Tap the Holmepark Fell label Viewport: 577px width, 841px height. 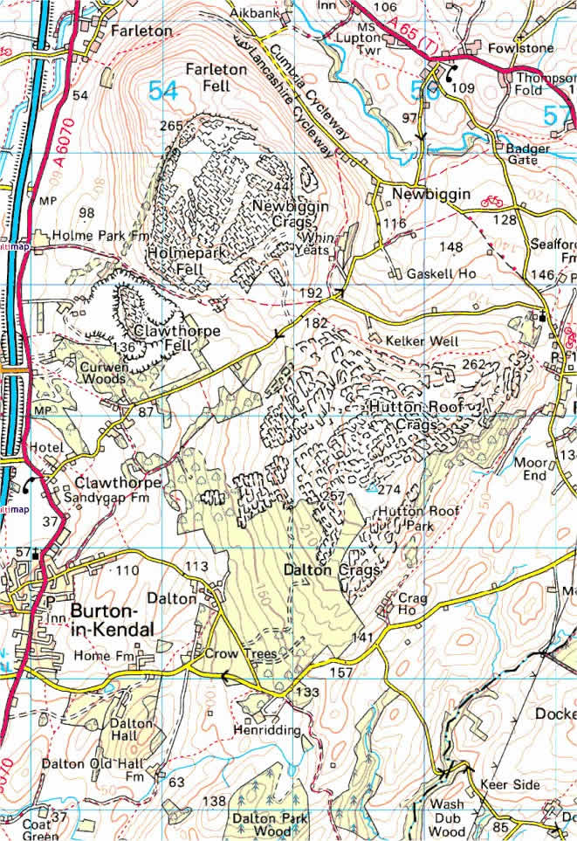coord(182,260)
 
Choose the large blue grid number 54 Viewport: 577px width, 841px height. coord(162,90)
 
